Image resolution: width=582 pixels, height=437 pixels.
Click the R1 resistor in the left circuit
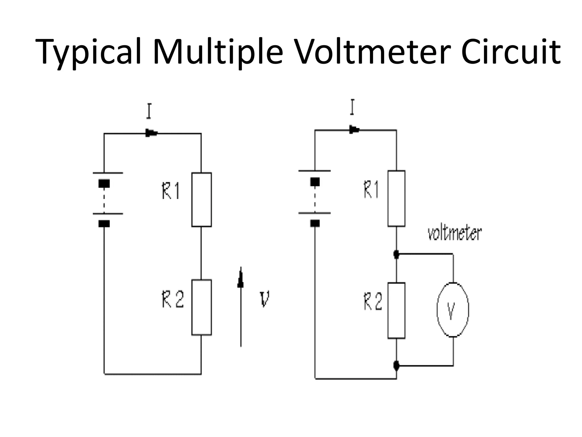point(201,199)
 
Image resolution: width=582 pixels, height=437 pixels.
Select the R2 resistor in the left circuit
point(201,307)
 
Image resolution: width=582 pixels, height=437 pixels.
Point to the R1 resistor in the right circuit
point(396,198)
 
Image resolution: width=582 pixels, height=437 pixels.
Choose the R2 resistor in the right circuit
point(396,310)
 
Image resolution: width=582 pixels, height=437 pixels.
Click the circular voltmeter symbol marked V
point(453,310)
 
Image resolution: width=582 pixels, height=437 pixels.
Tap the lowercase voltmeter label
point(454,234)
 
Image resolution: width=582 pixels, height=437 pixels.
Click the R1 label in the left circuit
point(171,191)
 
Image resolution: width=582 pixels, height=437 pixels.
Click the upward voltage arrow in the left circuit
point(241,307)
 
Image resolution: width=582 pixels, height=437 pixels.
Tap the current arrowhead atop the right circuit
point(354,130)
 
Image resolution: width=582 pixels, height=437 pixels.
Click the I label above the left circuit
point(149,112)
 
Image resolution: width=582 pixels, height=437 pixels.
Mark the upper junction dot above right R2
point(396,253)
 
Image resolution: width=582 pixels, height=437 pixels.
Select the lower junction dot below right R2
point(396,365)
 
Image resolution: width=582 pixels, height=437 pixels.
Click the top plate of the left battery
point(108,173)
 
